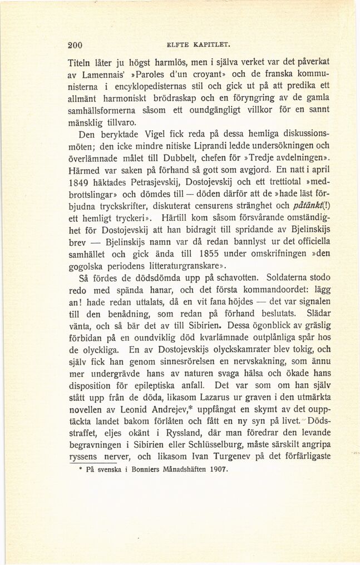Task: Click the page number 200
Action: pos(75,46)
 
